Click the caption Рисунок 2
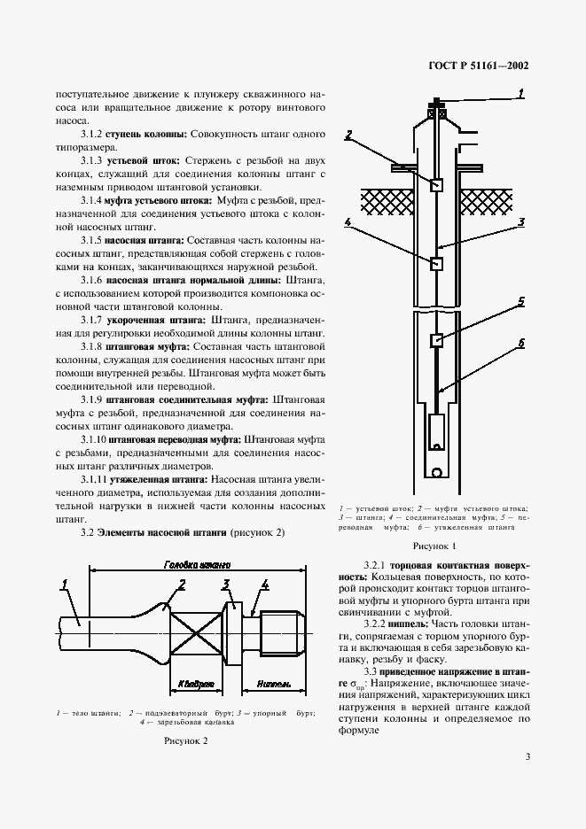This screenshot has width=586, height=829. (x=185, y=740)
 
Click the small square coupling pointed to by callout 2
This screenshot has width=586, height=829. (x=437, y=185)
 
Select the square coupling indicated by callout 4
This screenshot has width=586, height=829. (x=436, y=264)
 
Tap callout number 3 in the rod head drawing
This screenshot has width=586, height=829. (x=226, y=583)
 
